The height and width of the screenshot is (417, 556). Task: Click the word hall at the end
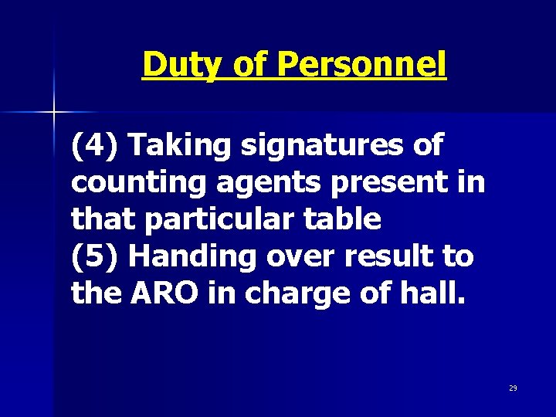[x=436, y=293]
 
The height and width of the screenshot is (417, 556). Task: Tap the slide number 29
[x=513, y=388]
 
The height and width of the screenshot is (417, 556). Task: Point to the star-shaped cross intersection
[x=55, y=113]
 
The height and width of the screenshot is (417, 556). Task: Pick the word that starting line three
[x=102, y=219]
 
